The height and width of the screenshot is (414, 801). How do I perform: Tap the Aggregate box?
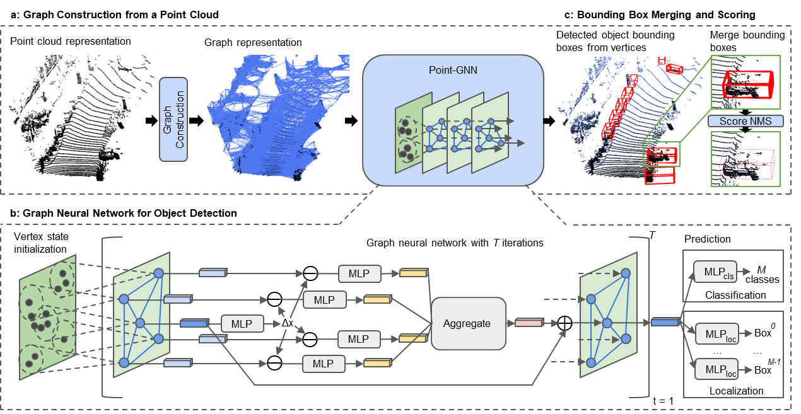tap(467, 323)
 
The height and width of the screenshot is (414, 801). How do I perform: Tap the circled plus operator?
tap(565, 323)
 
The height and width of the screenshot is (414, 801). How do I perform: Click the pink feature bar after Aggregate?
tap(529, 323)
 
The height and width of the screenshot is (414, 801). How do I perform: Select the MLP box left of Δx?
tap(242, 324)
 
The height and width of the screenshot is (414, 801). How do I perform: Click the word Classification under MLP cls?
tap(735, 294)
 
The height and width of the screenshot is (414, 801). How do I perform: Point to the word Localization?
tap(736, 391)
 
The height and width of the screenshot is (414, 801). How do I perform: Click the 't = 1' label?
tap(663, 400)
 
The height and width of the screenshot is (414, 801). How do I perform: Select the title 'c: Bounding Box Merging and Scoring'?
tap(660, 14)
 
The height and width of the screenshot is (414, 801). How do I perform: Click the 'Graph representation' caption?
tap(253, 43)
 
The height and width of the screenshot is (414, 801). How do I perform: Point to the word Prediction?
tap(708, 239)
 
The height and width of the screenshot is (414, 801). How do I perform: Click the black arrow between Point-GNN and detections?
tap(551, 119)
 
